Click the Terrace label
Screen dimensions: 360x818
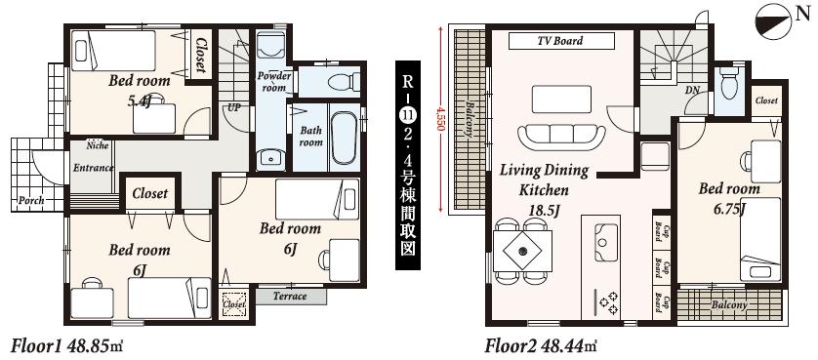point(290,296)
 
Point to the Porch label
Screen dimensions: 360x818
point(31,201)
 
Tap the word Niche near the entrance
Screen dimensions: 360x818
point(97,146)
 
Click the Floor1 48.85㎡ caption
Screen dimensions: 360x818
point(66,345)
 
